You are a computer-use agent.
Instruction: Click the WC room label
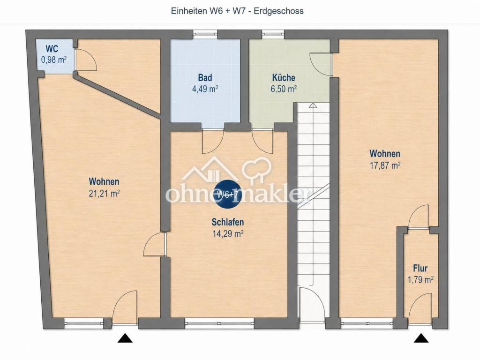(x=52, y=49)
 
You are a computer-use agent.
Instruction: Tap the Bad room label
(x=205, y=77)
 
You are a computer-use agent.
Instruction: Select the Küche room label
(x=284, y=77)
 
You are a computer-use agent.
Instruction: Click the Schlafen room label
(x=228, y=222)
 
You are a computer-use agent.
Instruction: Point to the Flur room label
(x=420, y=269)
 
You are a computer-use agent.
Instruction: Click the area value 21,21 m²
(x=104, y=194)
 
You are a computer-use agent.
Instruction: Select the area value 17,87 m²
(x=385, y=165)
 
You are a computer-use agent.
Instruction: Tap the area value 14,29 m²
(x=228, y=234)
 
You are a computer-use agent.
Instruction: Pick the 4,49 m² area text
(x=205, y=90)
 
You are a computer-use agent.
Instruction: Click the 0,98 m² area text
(x=54, y=60)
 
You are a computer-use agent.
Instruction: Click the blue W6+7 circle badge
(x=227, y=194)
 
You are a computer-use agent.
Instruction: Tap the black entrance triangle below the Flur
(x=421, y=338)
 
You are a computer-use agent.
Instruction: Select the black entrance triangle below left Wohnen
(x=125, y=338)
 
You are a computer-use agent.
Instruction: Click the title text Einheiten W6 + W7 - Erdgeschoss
(x=237, y=11)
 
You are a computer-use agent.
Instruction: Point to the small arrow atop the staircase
(x=312, y=105)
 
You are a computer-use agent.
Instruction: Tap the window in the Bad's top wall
(x=205, y=33)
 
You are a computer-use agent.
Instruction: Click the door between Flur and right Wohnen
(x=419, y=217)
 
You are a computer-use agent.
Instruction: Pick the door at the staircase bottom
(x=311, y=305)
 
